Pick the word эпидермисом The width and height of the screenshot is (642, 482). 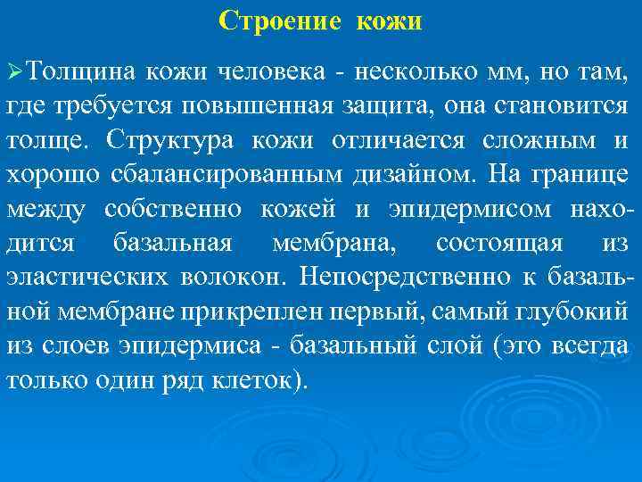pyautogui.click(x=472, y=209)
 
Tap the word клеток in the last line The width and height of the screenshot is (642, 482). pyautogui.click(x=258, y=379)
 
